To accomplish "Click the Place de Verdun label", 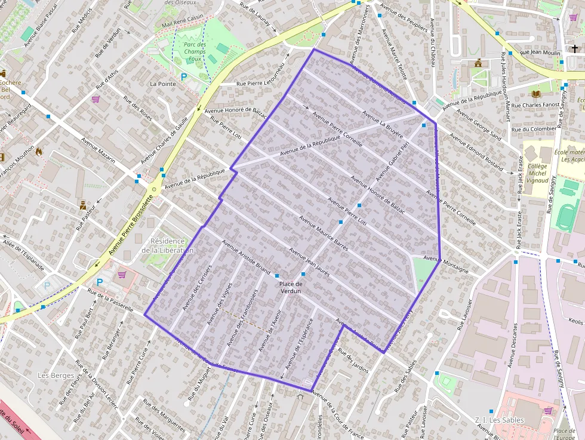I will pos(290,288).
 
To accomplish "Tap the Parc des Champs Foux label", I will pos(195,51).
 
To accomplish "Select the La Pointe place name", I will pos(163,84).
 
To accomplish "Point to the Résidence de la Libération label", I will pos(168,245).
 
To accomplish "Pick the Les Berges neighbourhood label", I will pos(56,376).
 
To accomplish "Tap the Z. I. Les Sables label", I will pos(499,420).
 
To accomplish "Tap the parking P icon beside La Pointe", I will pos(184,77).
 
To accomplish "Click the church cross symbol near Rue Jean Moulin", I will pos(575,48).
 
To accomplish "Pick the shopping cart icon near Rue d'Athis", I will pos(96,99).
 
